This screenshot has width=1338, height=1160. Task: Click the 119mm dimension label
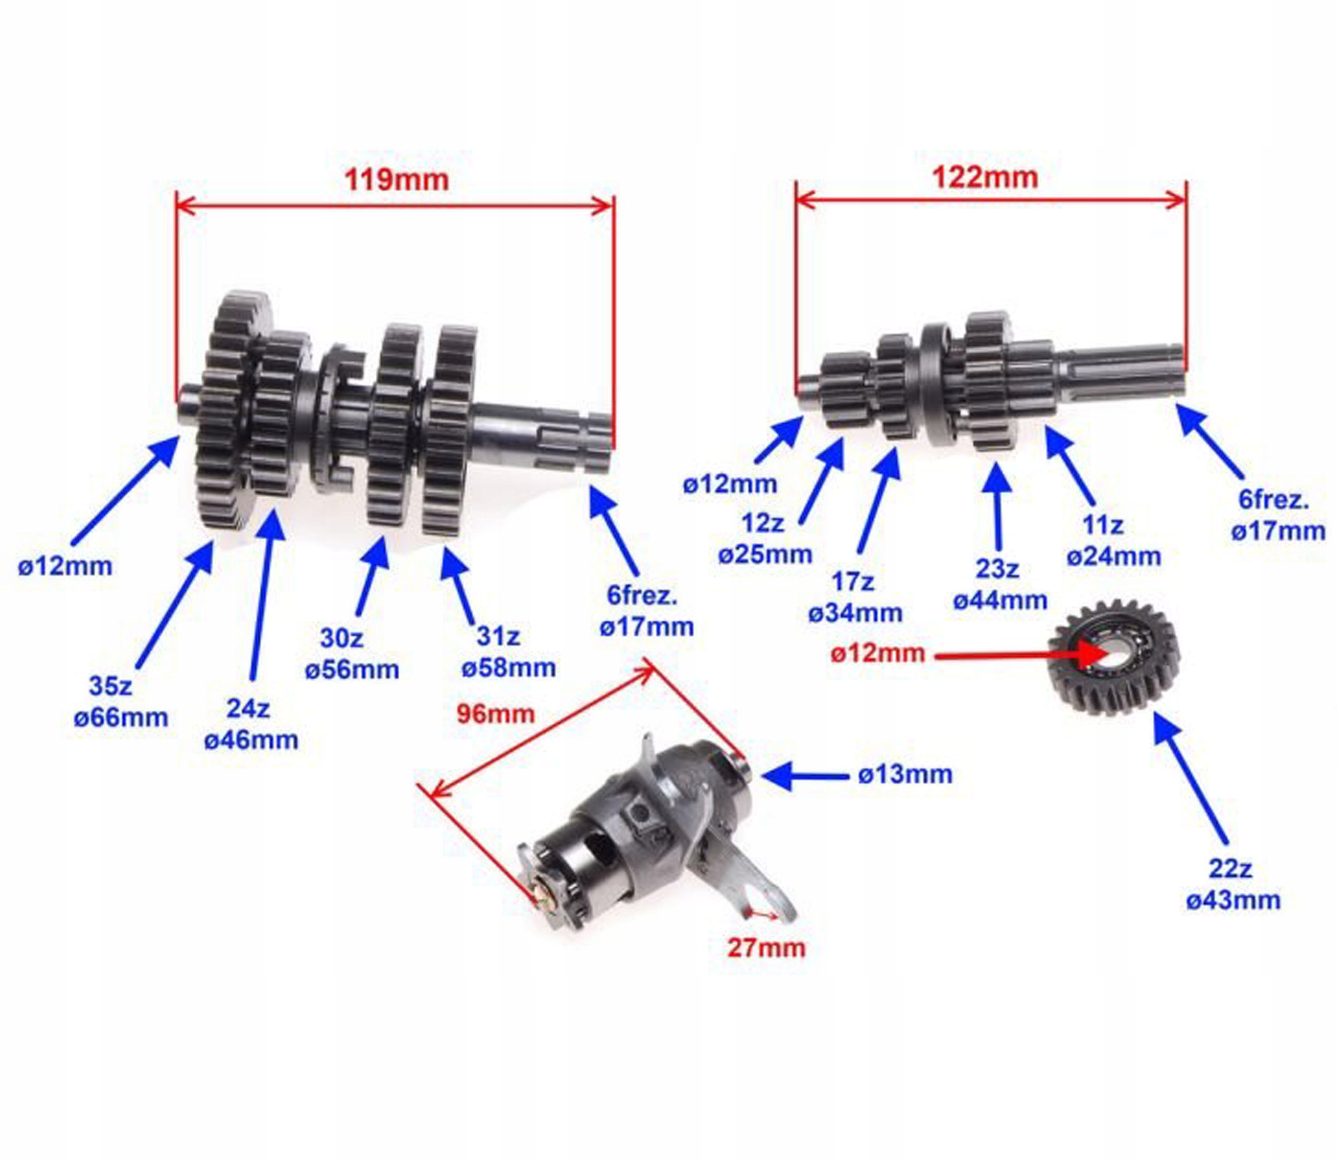pos(396,180)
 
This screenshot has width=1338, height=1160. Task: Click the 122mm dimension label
pos(984,177)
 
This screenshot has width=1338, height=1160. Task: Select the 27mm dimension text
pos(766,948)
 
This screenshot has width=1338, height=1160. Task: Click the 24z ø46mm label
pos(251,724)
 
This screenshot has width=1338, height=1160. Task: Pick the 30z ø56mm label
pos(352,654)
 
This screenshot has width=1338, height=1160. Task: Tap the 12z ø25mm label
pos(765,539)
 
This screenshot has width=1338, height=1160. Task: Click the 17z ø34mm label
pos(855,597)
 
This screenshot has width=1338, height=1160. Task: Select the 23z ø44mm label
pos(999,585)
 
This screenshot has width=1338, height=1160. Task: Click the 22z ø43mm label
pos(1232,884)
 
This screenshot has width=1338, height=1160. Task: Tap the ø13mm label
pos(905,774)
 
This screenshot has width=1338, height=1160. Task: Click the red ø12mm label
pos(877,653)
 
